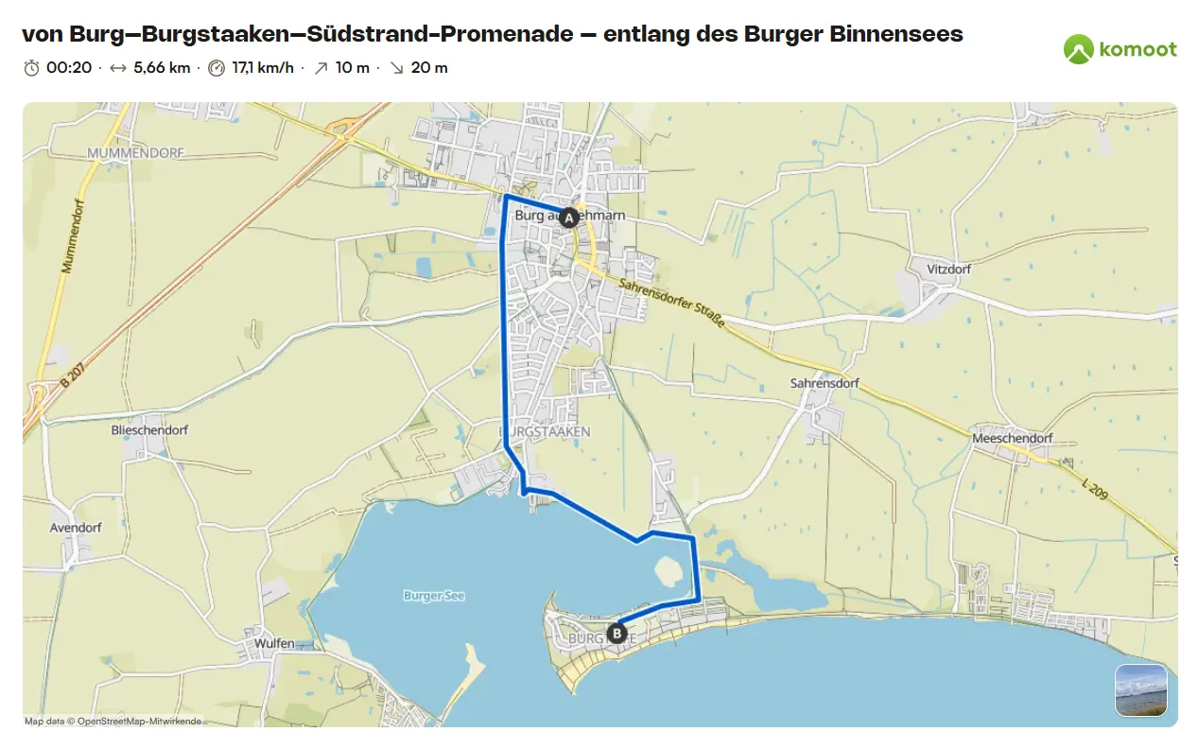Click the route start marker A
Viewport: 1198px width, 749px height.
pyautogui.click(x=568, y=218)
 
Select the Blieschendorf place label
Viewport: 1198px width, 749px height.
pyautogui.click(x=149, y=429)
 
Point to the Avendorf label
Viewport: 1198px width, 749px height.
pyautogui.click(x=76, y=528)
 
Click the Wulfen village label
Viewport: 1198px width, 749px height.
pyautogui.click(x=274, y=643)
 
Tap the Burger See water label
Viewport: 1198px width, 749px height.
pyautogui.click(x=434, y=596)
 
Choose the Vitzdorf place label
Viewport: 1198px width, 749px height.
pyautogui.click(x=948, y=269)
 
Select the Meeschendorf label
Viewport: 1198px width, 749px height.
pyautogui.click(x=1013, y=439)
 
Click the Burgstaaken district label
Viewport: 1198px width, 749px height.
pyautogui.click(x=545, y=431)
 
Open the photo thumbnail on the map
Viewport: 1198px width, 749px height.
pyautogui.click(x=1140, y=690)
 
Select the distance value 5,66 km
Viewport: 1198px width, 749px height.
pyautogui.click(x=162, y=68)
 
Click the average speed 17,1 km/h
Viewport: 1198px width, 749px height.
pyautogui.click(x=263, y=68)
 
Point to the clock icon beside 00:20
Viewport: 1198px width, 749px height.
pyautogui.click(x=32, y=68)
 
